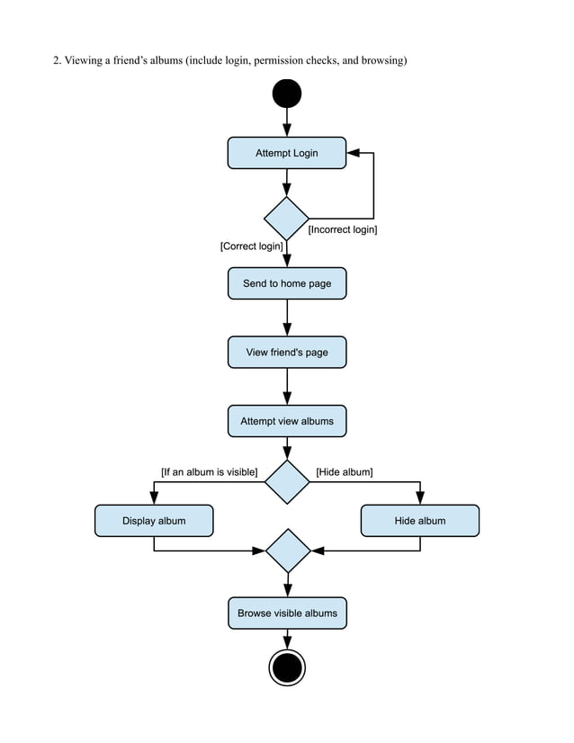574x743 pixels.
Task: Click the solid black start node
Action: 287,94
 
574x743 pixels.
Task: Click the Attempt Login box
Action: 286,153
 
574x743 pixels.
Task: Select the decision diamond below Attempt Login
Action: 287,219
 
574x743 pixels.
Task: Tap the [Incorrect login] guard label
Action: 343,230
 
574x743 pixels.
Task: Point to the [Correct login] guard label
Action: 252,246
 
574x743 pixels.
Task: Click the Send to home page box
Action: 286,283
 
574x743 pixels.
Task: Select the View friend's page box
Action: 286,352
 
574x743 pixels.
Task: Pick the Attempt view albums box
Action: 286,421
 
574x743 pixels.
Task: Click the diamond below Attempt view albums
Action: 287,482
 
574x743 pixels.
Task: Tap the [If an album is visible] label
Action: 209,471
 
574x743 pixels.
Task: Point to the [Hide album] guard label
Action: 345,471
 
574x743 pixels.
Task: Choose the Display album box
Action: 154,521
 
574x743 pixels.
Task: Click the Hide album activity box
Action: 419,521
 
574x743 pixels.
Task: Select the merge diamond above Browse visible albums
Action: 288,551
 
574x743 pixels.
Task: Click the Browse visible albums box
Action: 287,613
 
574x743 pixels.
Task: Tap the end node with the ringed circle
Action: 287,668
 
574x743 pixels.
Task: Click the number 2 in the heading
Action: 56,61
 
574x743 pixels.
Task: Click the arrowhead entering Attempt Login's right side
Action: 352,153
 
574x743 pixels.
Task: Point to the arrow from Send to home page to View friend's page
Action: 287,317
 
